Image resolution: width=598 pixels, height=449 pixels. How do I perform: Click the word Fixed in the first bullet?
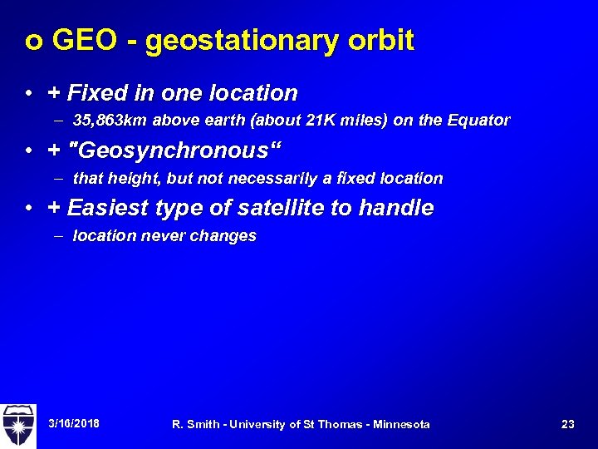click(x=92, y=92)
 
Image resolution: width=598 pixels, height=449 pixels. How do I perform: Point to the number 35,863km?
click(x=109, y=121)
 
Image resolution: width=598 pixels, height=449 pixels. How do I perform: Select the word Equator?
click(x=479, y=121)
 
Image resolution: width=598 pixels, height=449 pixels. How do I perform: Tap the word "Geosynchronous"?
click(x=178, y=150)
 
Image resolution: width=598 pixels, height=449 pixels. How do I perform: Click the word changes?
click(x=223, y=236)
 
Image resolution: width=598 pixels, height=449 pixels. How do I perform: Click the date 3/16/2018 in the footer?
click(x=74, y=424)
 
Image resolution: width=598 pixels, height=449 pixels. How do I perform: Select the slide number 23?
click(x=568, y=424)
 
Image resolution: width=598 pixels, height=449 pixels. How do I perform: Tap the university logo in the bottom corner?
click(x=17, y=424)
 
